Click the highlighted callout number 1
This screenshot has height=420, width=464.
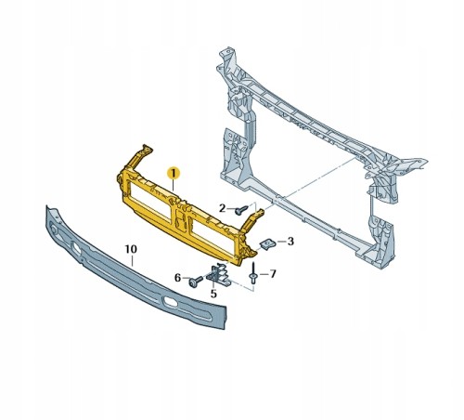point(174,173)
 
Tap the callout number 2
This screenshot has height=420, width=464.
point(222,208)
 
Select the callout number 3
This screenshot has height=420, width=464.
point(290,241)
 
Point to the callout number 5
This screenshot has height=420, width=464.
point(213,294)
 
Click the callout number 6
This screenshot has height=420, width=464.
point(177,278)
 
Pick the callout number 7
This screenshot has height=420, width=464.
point(273,274)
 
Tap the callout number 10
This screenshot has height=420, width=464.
point(131,249)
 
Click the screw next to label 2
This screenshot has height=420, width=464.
point(241,210)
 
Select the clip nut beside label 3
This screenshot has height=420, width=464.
point(267,244)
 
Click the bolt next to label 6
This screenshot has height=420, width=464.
point(196,282)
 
